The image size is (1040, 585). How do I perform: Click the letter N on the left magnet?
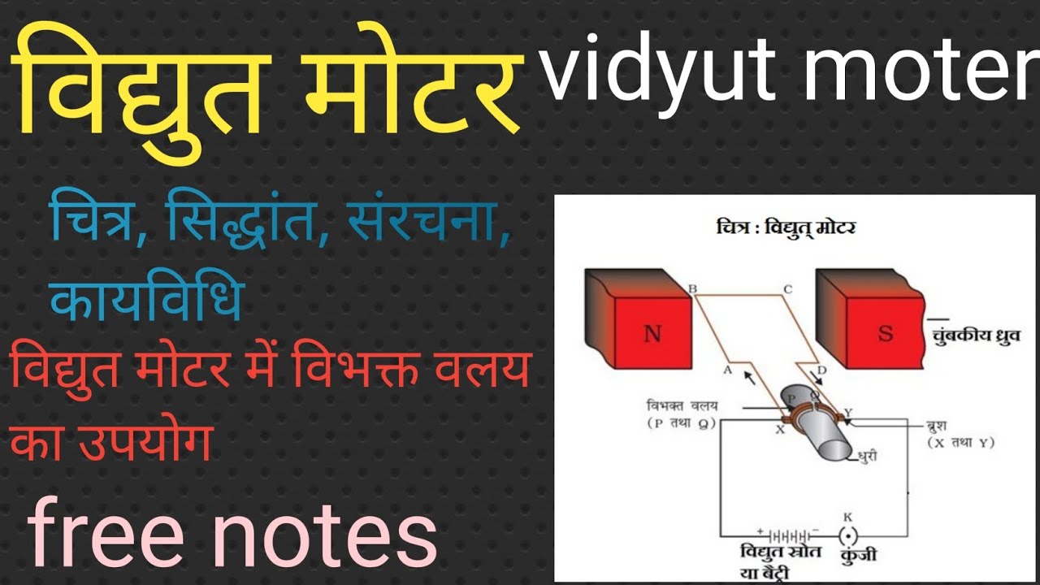652,334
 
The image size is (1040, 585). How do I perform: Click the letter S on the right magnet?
885,333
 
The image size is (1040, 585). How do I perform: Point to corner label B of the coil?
692,288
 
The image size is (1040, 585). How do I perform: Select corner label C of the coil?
787,288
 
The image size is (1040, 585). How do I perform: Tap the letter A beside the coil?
728,369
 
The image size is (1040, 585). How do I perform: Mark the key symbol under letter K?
848,536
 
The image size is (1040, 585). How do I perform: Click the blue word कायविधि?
146,299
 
